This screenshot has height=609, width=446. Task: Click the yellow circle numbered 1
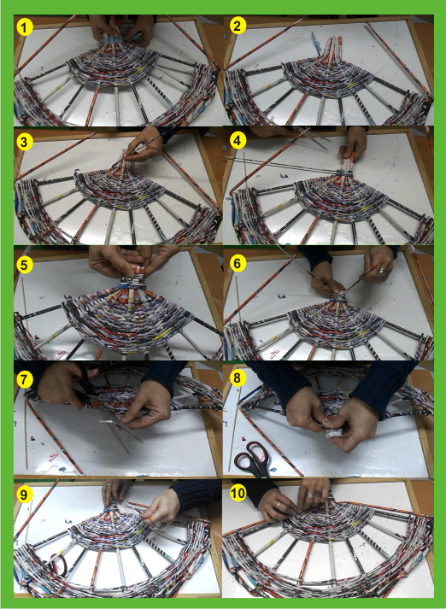tap(25, 28)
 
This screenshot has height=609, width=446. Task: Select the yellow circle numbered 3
tap(25, 142)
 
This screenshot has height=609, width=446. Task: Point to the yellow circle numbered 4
tap(238, 142)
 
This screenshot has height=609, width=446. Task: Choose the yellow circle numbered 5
tap(25, 266)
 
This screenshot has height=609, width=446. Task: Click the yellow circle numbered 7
tap(25, 381)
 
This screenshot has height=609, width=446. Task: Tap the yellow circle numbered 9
tap(25, 495)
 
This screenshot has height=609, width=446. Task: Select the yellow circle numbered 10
tap(238, 494)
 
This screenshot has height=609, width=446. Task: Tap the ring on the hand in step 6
tap(382, 271)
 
